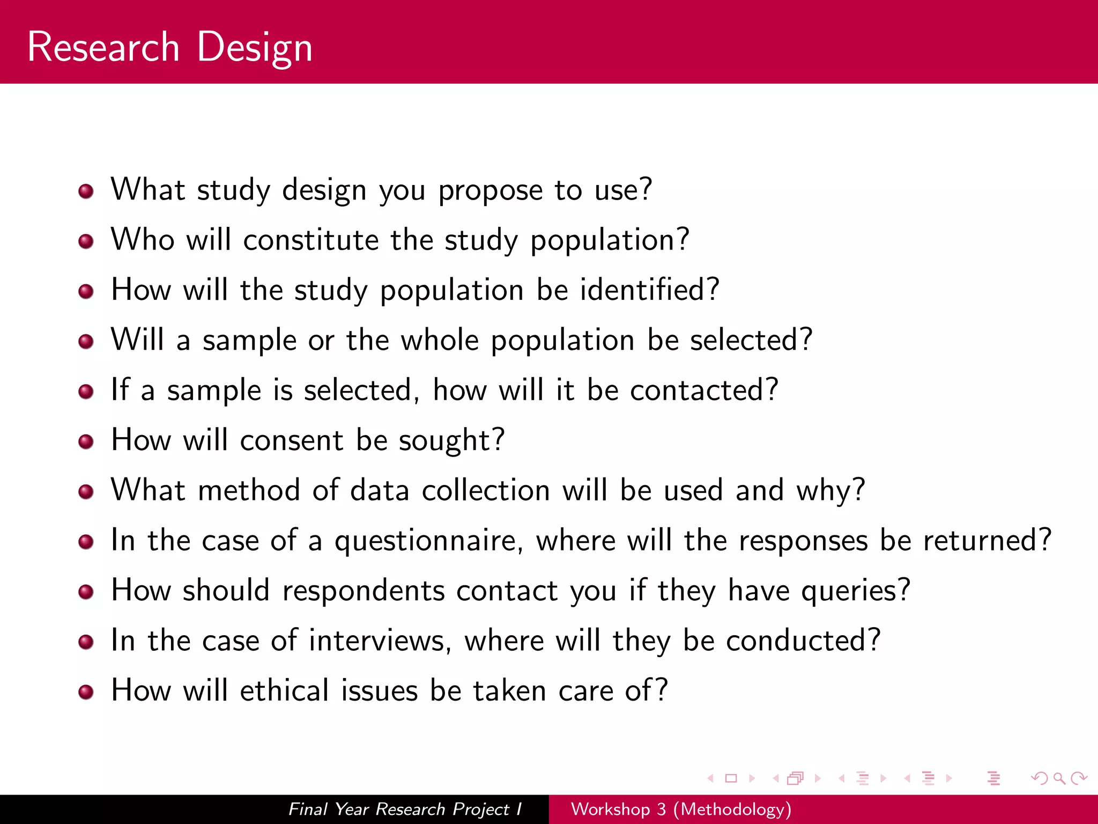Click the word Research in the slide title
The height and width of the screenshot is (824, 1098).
103,47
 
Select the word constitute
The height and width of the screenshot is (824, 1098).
311,240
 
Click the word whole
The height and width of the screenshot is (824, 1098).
440,340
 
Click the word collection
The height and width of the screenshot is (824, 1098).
486,490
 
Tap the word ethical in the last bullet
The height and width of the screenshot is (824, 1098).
284,690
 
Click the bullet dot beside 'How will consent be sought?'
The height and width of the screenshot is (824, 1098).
86,442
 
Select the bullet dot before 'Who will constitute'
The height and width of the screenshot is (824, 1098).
86,241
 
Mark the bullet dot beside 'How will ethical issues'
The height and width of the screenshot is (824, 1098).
86,692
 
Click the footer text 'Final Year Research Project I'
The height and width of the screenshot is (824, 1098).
405,809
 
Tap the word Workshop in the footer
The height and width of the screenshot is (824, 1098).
610,809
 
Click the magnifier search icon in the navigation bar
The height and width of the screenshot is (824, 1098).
1059,778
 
